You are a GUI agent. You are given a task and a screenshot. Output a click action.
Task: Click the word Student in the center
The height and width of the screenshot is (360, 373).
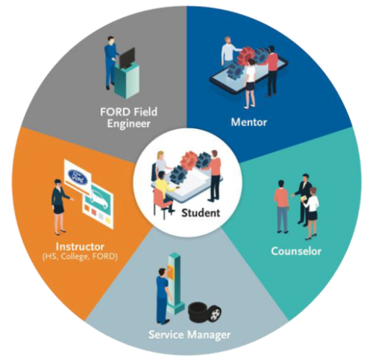point(201,213)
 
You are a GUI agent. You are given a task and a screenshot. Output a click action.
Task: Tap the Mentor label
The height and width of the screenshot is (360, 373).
point(249,122)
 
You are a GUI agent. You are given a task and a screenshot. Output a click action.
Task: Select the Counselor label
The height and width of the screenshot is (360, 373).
point(296,251)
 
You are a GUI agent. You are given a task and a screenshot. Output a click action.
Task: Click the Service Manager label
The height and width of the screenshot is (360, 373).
point(189,335)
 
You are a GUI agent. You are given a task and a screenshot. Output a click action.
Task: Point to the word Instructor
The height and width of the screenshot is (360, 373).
point(80,247)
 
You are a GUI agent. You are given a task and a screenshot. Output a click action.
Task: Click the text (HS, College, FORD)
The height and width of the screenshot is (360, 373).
point(80,256)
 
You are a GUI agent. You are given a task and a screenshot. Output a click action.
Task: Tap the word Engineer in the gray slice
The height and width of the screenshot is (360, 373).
point(128,124)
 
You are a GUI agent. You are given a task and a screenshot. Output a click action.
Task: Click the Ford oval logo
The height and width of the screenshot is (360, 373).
point(78,177)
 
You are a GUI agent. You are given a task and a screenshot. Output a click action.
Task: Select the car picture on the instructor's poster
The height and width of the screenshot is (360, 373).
point(99,199)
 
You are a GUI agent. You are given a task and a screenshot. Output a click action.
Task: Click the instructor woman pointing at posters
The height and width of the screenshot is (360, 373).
point(59,206)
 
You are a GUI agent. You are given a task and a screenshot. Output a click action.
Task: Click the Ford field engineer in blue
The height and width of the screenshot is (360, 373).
point(110,63)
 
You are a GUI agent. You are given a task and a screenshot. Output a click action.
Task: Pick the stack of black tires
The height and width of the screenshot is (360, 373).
point(204,312)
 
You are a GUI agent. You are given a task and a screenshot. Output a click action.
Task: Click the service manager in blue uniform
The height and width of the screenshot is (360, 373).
point(163,296)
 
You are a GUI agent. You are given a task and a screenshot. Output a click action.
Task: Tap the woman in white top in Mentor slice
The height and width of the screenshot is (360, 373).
point(250,83)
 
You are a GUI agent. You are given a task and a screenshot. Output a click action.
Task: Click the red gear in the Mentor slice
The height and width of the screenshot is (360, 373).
point(245,56)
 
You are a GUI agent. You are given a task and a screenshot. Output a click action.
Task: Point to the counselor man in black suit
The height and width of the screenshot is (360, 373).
point(302,199)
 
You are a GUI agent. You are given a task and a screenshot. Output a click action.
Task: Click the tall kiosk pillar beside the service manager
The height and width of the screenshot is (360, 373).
point(175,283)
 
